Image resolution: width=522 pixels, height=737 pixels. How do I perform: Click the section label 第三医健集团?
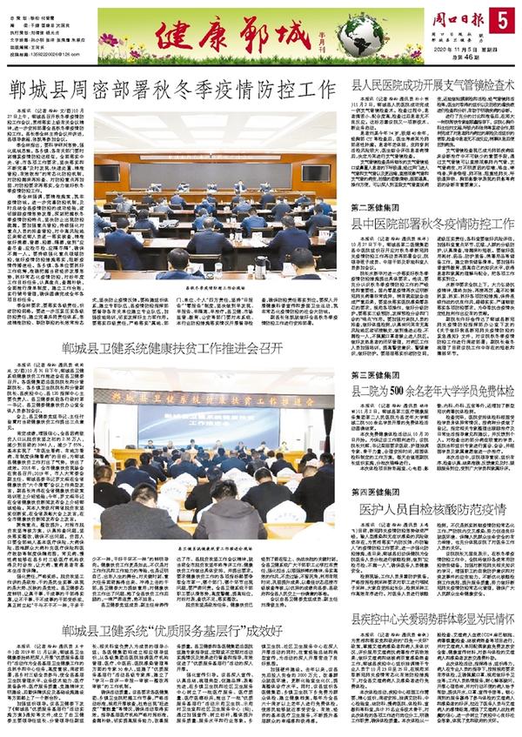[376, 349]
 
